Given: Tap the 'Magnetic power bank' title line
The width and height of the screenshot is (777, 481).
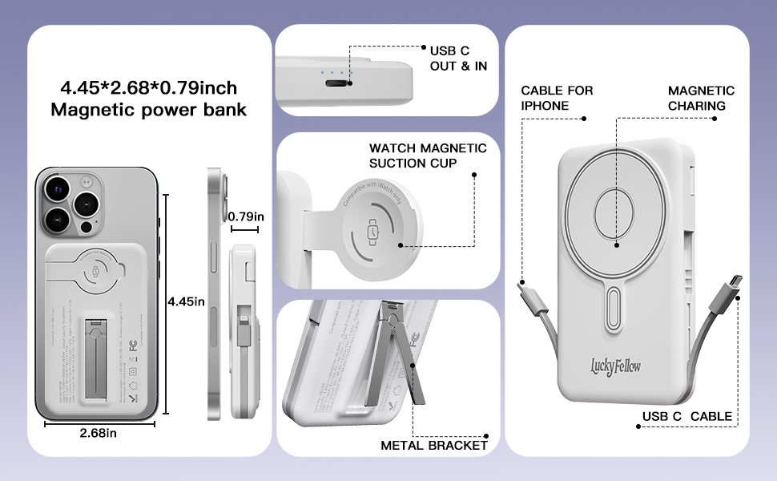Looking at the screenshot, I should click(149, 110).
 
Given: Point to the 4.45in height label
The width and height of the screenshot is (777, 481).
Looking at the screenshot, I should click(187, 301).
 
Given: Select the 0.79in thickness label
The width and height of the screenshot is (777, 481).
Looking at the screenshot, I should click(247, 216).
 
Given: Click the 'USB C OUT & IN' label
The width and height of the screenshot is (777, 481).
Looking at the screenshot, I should click(458, 58).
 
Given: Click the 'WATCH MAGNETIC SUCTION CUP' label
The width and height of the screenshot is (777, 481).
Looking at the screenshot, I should click(428, 156).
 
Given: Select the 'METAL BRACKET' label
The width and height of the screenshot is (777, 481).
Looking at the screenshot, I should click(434, 445).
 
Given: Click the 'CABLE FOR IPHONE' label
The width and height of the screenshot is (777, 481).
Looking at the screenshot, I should click(557, 98).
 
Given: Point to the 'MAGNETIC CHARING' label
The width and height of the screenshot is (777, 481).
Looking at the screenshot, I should click(701, 98).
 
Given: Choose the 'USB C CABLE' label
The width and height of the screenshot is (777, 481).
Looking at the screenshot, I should click(686, 416).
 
